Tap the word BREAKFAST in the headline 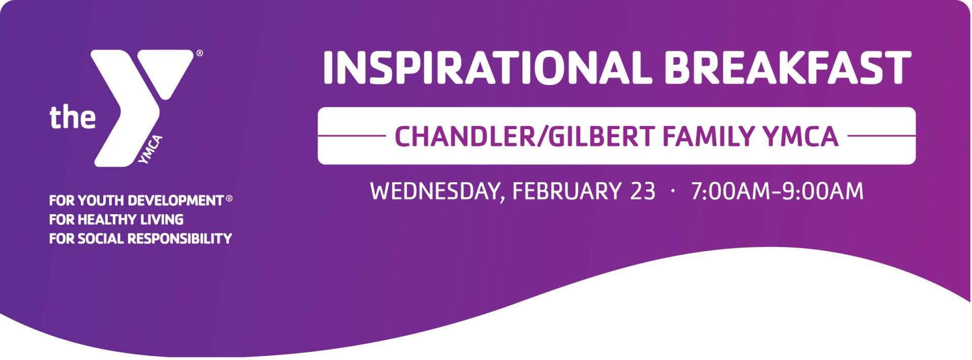click(x=788, y=67)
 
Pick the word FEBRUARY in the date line click(x=566, y=191)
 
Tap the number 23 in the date click(x=643, y=191)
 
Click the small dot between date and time click(x=673, y=191)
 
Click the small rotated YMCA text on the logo click(x=150, y=149)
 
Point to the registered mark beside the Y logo click(x=199, y=53)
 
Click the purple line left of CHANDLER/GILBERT click(x=352, y=136)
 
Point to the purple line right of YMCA click(x=881, y=136)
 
